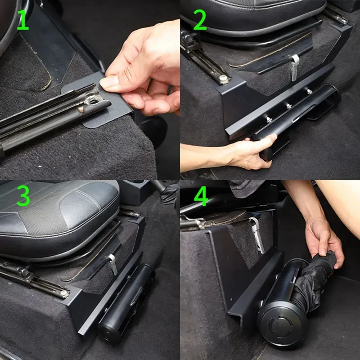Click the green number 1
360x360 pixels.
pos(23,20)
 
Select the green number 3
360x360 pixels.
pos(23,196)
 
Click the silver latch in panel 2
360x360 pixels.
pos(295,67)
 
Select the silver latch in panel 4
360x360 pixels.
pos(257,234)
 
